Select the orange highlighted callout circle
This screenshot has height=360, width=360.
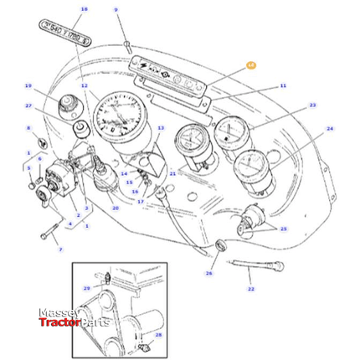[250, 64]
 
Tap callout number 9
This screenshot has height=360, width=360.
[116, 10]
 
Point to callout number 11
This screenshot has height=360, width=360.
[283, 85]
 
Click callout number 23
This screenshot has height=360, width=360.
[312, 105]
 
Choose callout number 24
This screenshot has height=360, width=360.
[329, 129]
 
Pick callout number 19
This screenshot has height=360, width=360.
[28, 86]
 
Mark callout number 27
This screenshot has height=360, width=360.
[28, 106]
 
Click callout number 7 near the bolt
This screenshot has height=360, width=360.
[59, 249]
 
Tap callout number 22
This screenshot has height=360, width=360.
[250, 289]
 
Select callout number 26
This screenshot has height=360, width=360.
[208, 272]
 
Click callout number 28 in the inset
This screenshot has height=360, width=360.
[158, 334]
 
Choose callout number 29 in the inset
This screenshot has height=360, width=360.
[86, 288]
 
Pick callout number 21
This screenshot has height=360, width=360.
[172, 174]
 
